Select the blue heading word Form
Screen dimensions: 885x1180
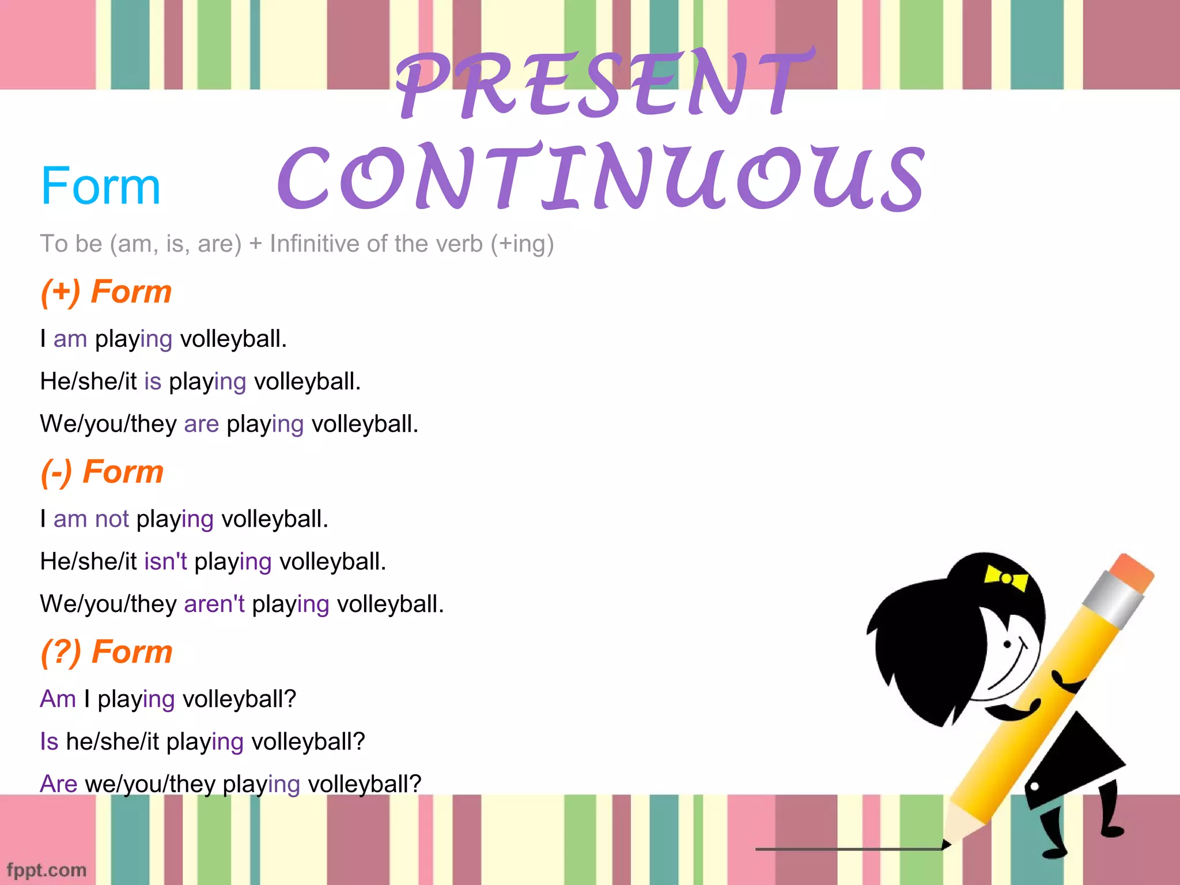(101, 186)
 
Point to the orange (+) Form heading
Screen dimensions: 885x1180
(107, 292)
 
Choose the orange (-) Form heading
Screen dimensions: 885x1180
(103, 472)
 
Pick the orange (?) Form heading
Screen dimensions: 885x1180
(107, 652)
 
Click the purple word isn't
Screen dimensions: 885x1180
(165, 561)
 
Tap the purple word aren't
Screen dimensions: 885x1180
(214, 604)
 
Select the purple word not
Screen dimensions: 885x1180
(112, 519)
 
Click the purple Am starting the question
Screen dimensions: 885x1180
(58, 699)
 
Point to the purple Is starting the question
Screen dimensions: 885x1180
(49, 742)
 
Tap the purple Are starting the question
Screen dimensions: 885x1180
(58, 784)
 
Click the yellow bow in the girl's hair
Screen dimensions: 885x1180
(1006, 578)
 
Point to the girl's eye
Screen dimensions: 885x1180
(1008, 644)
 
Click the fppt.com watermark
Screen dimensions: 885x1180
(47, 870)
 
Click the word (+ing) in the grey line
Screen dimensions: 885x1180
(522, 244)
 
